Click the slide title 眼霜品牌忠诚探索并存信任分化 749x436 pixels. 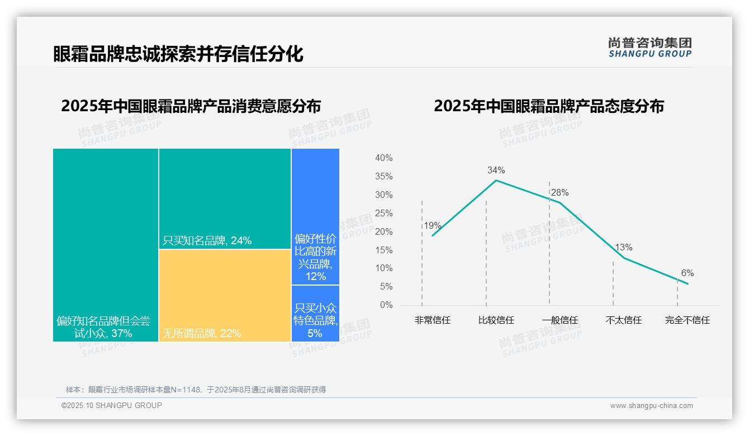point(178,54)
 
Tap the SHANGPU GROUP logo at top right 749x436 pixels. point(650,48)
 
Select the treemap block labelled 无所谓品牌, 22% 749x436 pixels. point(225,295)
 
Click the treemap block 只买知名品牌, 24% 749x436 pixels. point(225,198)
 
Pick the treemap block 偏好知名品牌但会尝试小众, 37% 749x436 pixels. point(106,245)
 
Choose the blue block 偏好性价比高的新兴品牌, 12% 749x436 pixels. point(315,216)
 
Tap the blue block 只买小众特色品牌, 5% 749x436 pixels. point(315,313)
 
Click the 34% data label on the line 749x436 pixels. point(496,170)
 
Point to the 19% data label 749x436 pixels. point(432,226)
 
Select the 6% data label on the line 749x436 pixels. point(687,273)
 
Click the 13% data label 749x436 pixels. point(623,247)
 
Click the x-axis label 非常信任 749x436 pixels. point(432,320)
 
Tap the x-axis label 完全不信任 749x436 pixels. point(687,320)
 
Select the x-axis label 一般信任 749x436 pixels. point(560,320)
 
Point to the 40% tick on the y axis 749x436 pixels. point(383,158)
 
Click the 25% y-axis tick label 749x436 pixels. point(383,213)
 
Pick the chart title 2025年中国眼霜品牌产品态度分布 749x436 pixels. point(548,106)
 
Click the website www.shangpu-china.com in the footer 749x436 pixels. point(651,406)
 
